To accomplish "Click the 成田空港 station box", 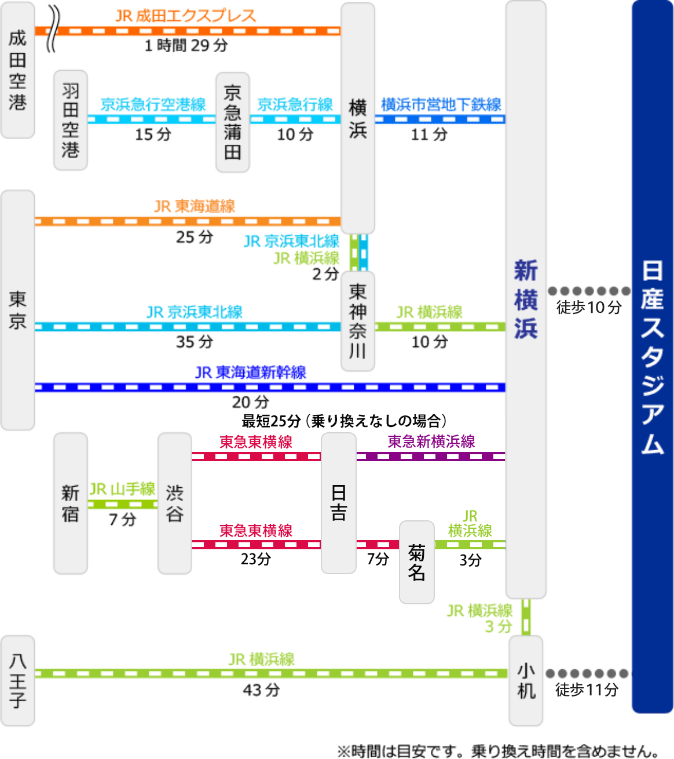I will tap(17, 70).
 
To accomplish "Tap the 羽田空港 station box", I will tap(70, 121).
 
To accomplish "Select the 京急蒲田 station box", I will tap(232, 122).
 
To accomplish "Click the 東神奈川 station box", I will tap(358, 320).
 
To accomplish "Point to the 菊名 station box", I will tap(416, 562).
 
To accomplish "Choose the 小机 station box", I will tap(526, 681).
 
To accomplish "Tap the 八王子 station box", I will tap(17, 681).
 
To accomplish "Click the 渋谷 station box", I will tap(174, 503).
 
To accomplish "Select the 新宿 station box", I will tap(70, 503).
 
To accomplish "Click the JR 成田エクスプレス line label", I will tap(185, 16).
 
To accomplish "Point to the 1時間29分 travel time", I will tap(186, 45).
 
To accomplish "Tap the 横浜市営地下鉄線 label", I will tap(441, 105).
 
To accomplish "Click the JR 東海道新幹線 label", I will tap(250, 372).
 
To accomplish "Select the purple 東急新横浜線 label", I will tap(431, 441).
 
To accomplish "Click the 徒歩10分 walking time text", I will tap(588, 307).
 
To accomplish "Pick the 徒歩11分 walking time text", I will tap(587, 689).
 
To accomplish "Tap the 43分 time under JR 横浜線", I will tap(261, 689).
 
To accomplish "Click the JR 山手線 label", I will tap(122, 489).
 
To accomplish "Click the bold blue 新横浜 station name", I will tap(526, 299).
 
